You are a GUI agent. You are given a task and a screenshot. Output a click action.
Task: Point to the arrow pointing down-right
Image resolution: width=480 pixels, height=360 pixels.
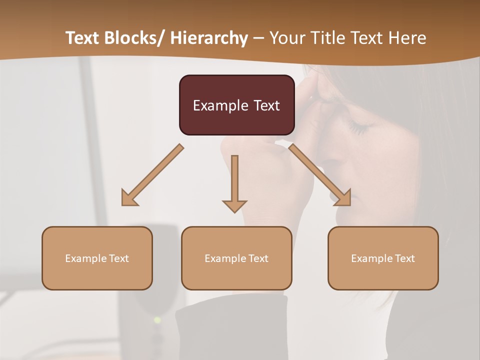pyautogui.click(x=320, y=175)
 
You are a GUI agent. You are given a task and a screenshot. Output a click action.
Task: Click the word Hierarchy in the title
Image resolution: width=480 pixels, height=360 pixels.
pyautogui.click(x=208, y=38)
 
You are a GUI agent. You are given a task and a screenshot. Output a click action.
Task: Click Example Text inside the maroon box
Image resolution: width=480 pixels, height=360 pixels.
pyautogui.click(x=236, y=105)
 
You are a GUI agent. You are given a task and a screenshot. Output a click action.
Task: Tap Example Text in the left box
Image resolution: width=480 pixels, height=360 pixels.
pyautogui.click(x=97, y=258)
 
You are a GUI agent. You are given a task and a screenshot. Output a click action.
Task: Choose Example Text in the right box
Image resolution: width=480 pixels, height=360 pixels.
pyautogui.click(x=383, y=258)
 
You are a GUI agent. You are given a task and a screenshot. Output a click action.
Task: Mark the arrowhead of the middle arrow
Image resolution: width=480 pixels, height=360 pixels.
pyautogui.click(x=234, y=205)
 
